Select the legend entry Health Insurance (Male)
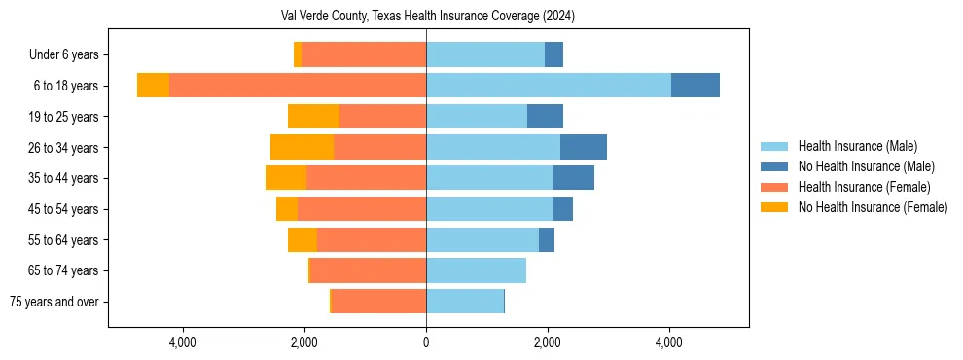click(857, 146)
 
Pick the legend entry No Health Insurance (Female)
click(873, 207)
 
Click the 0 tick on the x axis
click(426, 342)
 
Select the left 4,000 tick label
click(183, 342)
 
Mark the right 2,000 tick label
click(548, 342)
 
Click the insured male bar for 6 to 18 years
click(549, 86)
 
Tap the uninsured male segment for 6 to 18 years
click(695, 86)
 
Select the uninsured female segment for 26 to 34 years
click(302, 147)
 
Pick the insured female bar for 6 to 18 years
click(298, 86)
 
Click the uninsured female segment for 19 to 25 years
click(313, 117)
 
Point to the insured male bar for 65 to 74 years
click(476, 270)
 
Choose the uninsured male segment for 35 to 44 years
click(573, 178)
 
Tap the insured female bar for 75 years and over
click(379, 302)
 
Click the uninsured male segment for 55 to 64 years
click(547, 239)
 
